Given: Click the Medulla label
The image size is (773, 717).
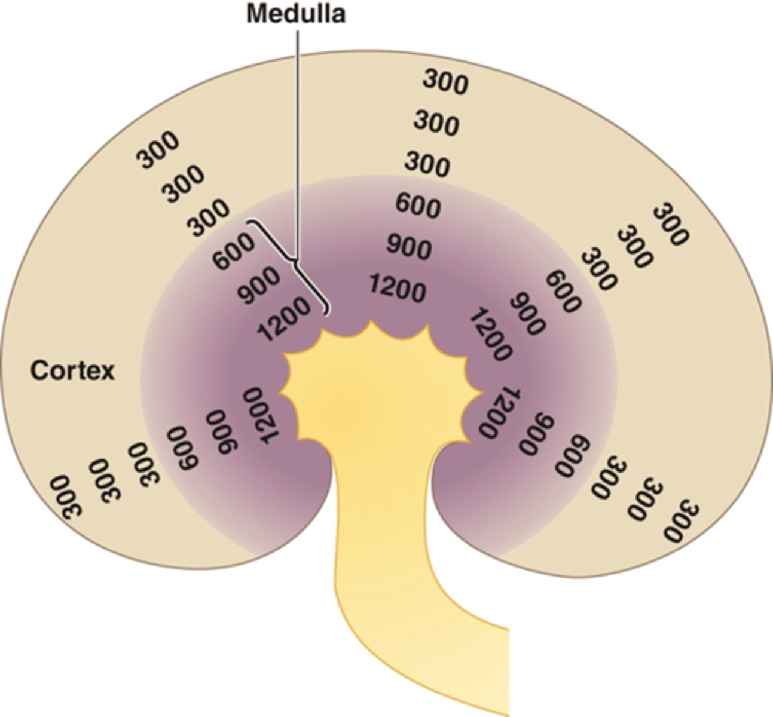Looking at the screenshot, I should point(296,13).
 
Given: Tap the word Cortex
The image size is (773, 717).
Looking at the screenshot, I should point(72,371).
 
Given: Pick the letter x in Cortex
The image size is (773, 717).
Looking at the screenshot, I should point(108,372).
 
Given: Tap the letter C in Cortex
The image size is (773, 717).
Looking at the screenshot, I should point(38,371).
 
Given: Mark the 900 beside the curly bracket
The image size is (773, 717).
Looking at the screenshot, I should point(258,285).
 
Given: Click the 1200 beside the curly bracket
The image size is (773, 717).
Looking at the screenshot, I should point(284,319).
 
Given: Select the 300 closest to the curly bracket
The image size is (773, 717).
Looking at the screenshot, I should point(207,218).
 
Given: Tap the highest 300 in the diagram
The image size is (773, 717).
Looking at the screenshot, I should point(445,82).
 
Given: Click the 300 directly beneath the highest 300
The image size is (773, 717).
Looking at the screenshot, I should point(436,122).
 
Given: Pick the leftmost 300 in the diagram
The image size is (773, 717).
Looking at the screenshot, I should point(66,497).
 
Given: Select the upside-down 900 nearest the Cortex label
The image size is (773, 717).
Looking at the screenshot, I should point(221,432).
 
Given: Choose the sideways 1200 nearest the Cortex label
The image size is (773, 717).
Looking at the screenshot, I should point(261,415).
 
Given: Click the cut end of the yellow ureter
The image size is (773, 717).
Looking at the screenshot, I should point(508,672).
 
